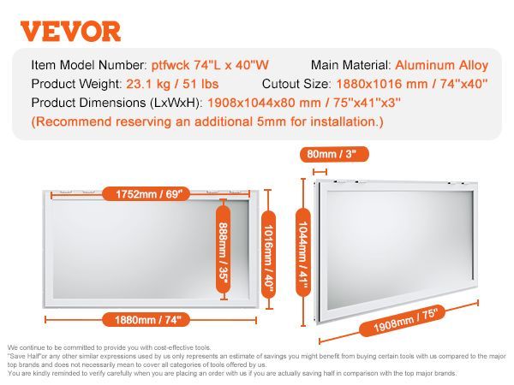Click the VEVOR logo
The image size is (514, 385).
70,32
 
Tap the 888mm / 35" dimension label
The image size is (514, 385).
224,250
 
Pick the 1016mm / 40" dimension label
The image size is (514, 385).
268,254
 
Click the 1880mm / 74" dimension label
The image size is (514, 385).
146,319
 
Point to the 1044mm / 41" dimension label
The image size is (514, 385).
303,252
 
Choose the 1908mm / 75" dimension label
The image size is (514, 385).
403,321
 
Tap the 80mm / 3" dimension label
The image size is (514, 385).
334,154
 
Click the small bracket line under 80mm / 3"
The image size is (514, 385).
320,172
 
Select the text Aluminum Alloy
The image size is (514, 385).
441,65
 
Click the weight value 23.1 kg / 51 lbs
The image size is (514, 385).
172,84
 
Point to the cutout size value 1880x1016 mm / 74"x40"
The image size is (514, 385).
412,84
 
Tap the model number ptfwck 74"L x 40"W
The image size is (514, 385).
210,65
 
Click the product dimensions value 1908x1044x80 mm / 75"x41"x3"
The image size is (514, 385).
304,103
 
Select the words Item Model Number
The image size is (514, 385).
87,65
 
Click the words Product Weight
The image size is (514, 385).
75,84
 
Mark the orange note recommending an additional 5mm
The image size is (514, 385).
207,121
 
